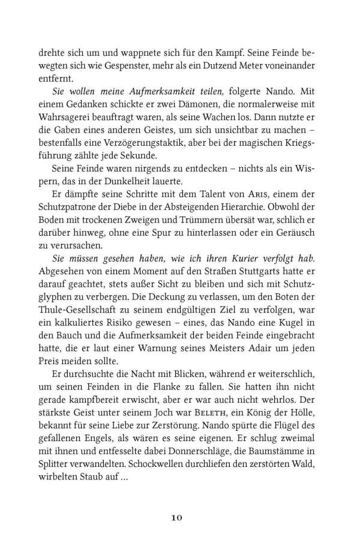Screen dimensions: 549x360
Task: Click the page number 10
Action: click(179, 517)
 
